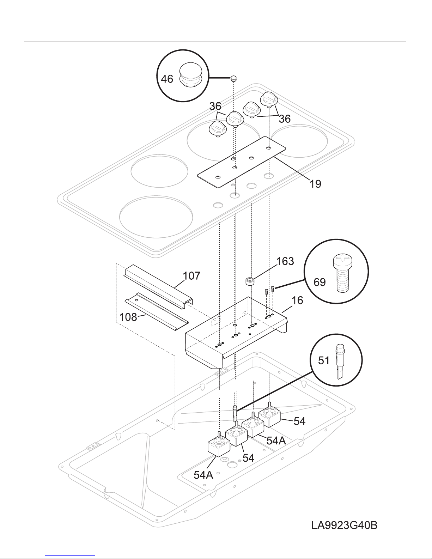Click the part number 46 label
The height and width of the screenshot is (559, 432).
coord(167,79)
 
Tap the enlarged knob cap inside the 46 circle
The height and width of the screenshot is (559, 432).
coord(191,73)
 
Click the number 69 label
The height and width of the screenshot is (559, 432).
coord(320,282)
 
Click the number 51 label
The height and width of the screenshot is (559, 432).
coord(323,361)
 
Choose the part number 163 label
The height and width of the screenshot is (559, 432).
coord(285,261)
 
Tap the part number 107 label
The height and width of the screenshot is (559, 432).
coord(191,276)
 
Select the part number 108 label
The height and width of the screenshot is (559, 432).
coord(128,317)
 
